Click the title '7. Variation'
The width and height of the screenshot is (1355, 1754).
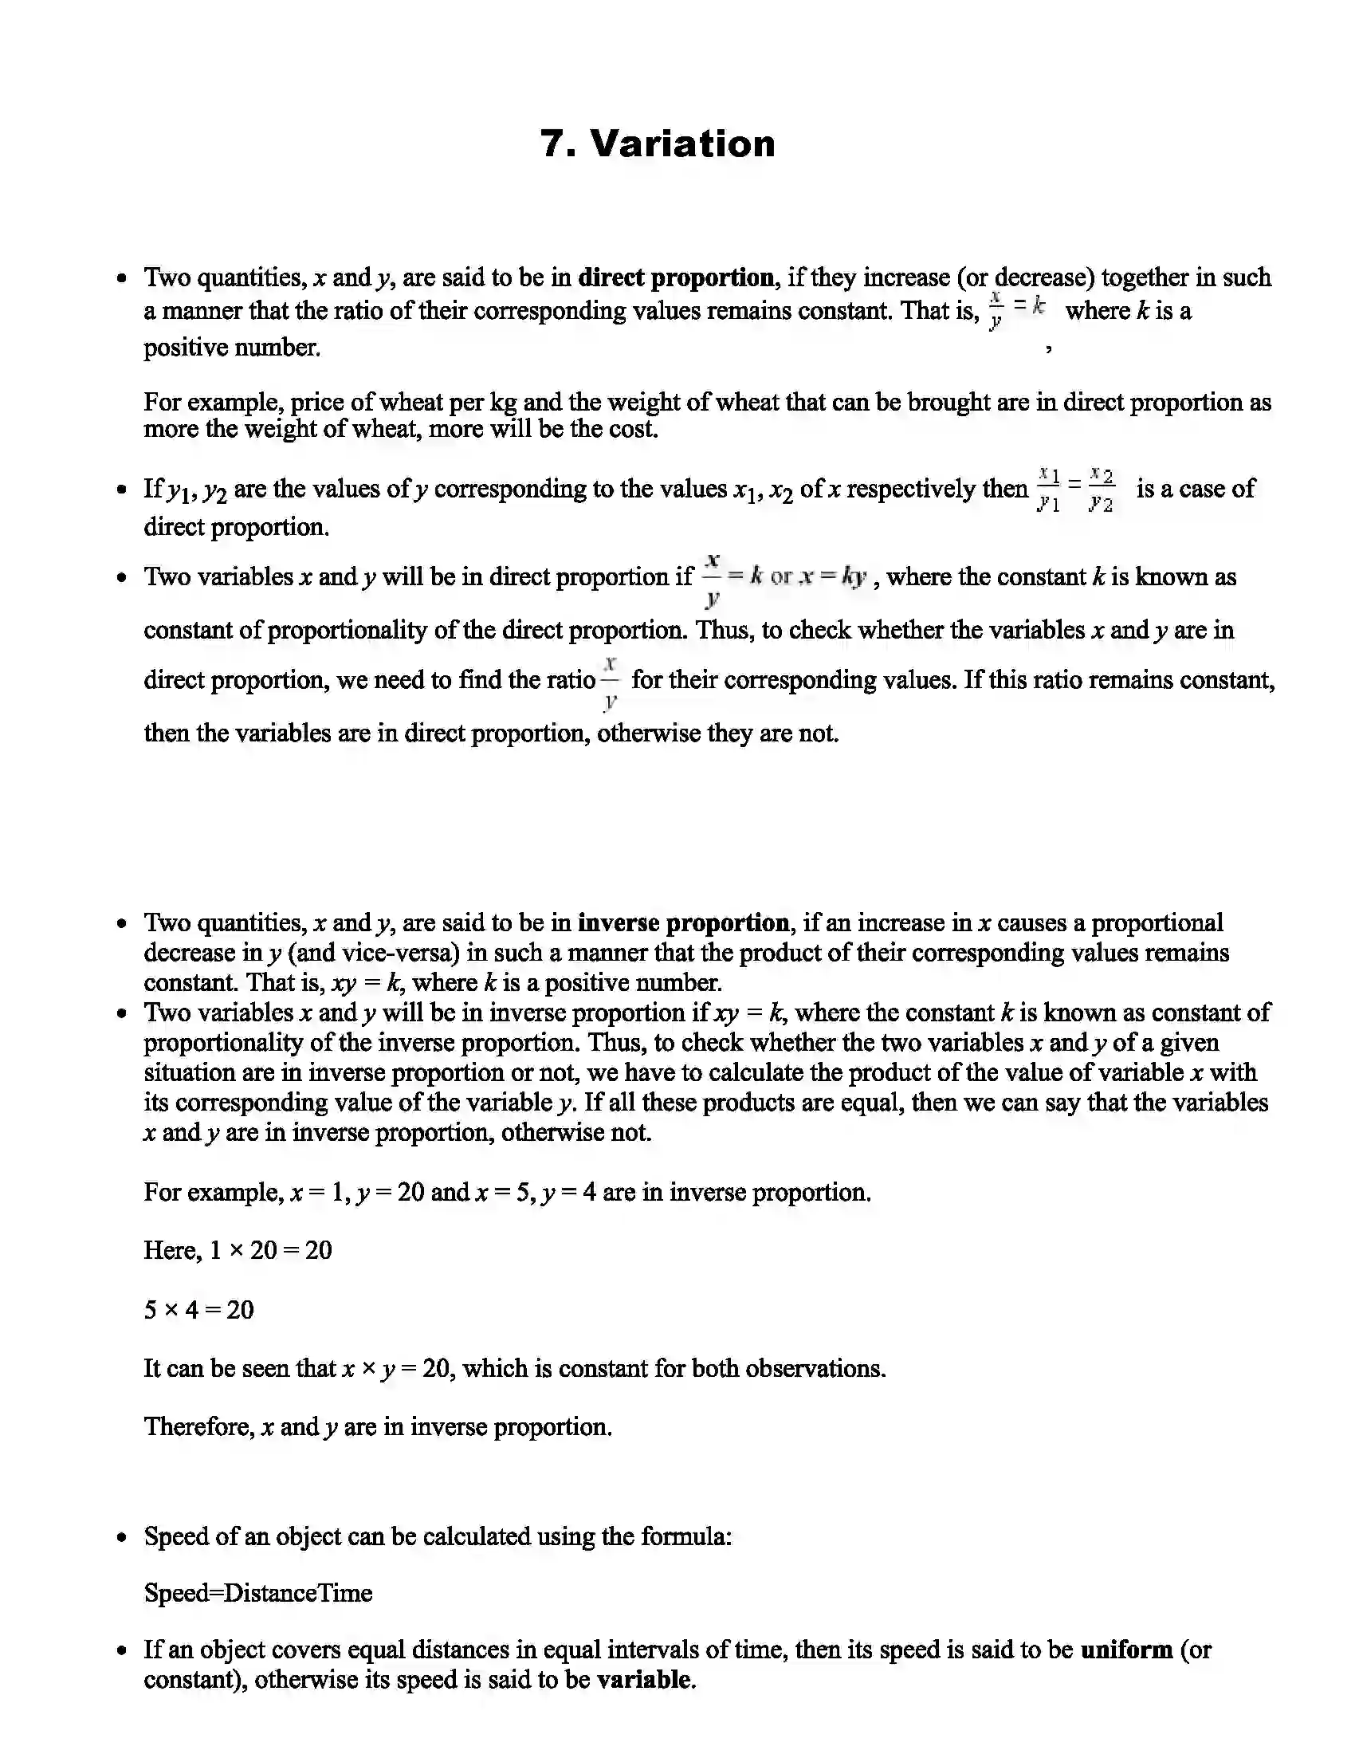tap(658, 144)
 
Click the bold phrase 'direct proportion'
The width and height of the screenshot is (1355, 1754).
tap(676, 278)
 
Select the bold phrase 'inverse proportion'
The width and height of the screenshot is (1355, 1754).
tap(683, 922)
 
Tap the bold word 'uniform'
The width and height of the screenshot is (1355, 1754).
tap(1126, 1650)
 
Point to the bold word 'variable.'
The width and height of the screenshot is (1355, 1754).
tap(646, 1680)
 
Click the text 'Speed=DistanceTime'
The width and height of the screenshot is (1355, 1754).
tap(257, 1593)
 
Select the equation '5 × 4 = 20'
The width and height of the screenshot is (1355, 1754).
tap(198, 1310)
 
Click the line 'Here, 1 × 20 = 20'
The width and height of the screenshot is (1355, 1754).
tap(238, 1250)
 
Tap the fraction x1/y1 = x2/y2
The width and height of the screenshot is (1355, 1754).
tap(1076, 489)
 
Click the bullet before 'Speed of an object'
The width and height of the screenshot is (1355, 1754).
tap(121, 1538)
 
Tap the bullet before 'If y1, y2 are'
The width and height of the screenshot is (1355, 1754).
tap(121, 490)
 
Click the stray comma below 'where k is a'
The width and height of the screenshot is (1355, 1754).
tap(1048, 348)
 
